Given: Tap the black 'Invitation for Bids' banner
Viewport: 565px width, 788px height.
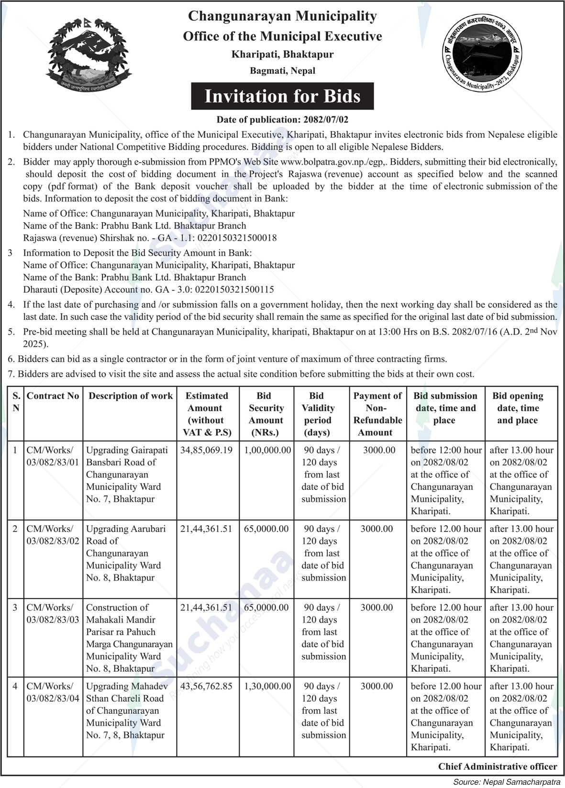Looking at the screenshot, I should [x=282, y=96].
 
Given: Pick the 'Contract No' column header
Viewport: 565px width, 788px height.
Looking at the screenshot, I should [x=53, y=396].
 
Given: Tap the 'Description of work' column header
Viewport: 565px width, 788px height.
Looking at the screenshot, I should [x=130, y=396].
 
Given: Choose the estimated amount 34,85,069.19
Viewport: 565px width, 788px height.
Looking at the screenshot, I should [x=206, y=450].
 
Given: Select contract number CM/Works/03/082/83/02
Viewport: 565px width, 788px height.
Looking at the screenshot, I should [x=53, y=535].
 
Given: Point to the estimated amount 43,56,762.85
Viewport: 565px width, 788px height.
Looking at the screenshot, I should [x=206, y=686].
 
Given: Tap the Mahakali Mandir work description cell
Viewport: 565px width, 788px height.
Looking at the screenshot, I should [x=129, y=638].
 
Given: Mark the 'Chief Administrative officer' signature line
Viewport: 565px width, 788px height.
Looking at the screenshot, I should [x=498, y=766].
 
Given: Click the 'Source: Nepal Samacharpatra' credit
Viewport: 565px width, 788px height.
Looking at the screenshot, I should [x=508, y=782].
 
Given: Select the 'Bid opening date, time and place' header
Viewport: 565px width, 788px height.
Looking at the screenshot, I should [x=518, y=408].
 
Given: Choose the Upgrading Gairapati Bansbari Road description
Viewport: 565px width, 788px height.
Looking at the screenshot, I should [x=127, y=474].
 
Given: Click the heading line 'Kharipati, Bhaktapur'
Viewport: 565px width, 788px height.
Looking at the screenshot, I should [x=282, y=54].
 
